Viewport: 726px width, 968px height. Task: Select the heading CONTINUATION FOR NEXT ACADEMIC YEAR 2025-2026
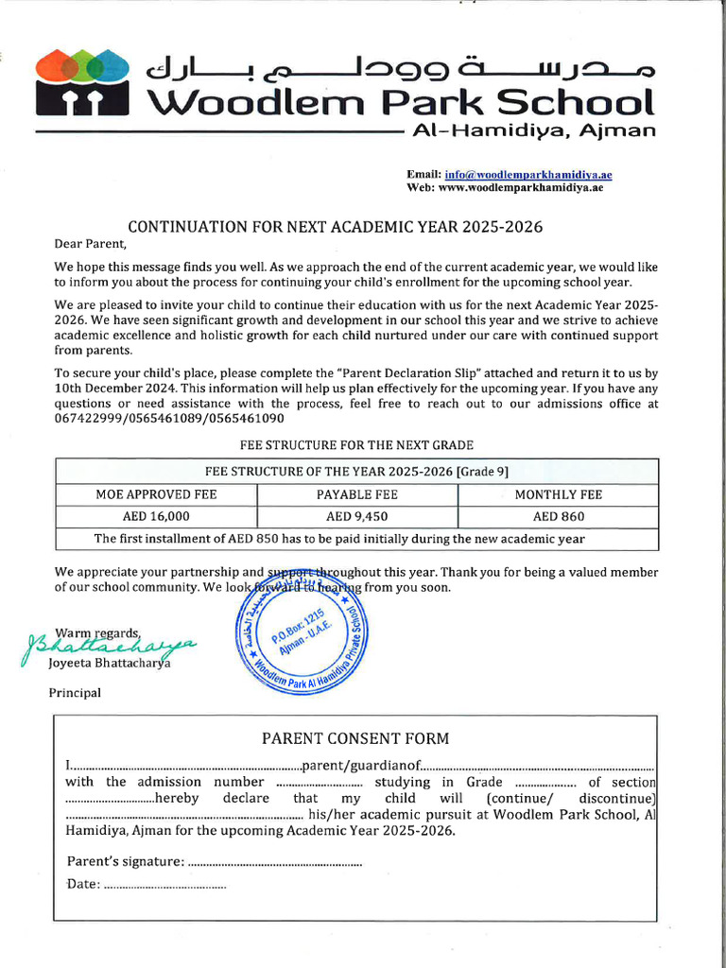tap(336, 227)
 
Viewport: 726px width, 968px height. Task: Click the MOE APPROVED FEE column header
tap(156, 494)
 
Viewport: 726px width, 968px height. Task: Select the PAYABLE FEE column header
tap(356, 494)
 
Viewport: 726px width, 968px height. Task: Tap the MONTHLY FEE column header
tap(558, 494)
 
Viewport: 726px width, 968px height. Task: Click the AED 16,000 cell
tap(156, 516)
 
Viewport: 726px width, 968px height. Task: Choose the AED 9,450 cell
tap(356, 516)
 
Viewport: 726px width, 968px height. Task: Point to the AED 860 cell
tap(558, 516)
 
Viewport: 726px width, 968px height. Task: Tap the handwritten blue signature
tap(109, 647)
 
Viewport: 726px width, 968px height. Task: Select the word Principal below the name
tap(75, 692)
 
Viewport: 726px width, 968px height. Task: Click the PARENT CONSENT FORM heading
tap(355, 738)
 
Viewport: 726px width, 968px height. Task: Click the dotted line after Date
tap(164, 884)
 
